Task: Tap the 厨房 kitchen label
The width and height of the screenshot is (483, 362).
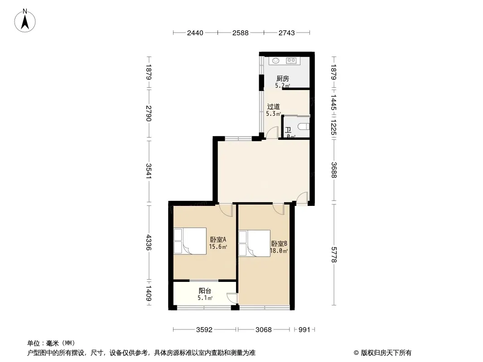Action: pyautogui.click(x=282, y=79)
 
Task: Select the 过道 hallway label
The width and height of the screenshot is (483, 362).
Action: pyautogui.click(x=273, y=107)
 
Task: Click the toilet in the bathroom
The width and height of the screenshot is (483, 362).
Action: pyautogui.click(x=304, y=126)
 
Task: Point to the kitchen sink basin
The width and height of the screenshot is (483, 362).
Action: pyautogui.click(x=275, y=61)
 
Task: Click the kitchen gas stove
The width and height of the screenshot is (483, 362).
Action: pyautogui.click(x=291, y=61)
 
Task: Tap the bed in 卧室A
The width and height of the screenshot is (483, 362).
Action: pyautogui.click(x=190, y=241)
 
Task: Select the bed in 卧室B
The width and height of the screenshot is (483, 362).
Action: pyautogui.click(x=255, y=243)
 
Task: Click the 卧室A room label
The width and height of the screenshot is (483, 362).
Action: pyautogui.click(x=218, y=239)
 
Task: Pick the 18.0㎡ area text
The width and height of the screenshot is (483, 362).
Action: pyautogui.click(x=279, y=251)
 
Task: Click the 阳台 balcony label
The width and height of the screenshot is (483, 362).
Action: pyautogui.click(x=205, y=291)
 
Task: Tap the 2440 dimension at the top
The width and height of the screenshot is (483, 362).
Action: pyautogui.click(x=195, y=33)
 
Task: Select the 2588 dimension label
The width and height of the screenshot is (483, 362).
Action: pyautogui.click(x=240, y=33)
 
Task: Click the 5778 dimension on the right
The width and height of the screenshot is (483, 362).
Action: pyautogui.click(x=334, y=255)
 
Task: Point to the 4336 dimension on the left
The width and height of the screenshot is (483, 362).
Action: pyautogui.click(x=149, y=243)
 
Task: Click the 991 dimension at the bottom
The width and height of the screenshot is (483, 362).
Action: pyautogui.click(x=304, y=330)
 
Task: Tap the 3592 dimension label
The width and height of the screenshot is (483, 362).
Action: pyautogui.click(x=204, y=330)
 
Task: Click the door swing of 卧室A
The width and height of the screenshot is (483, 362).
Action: pyautogui.click(x=227, y=210)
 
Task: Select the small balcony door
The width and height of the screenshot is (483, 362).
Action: pyautogui.click(x=232, y=299)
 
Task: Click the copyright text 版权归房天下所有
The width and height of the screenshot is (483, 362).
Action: pyautogui.click(x=386, y=353)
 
